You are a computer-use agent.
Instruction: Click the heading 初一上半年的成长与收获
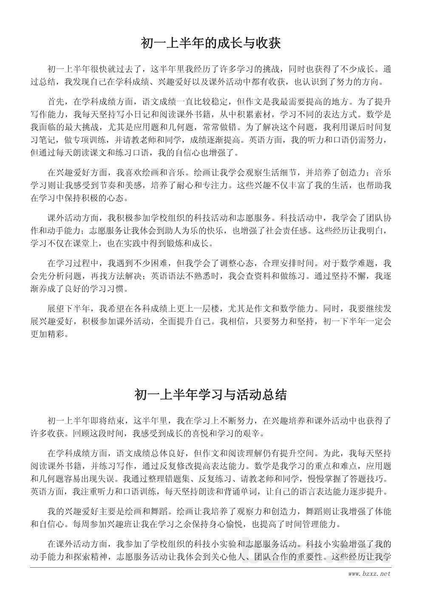211,43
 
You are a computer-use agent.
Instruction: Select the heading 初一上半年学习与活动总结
211,395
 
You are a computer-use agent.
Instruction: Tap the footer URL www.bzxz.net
368,574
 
